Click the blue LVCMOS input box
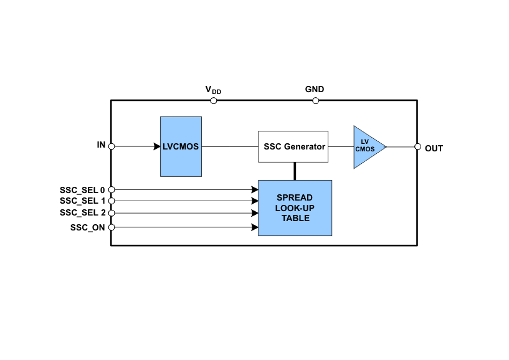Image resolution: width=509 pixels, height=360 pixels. [181, 146]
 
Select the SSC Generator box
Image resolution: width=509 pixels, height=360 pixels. [293, 147]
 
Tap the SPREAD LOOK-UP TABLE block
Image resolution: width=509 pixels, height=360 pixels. [295, 208]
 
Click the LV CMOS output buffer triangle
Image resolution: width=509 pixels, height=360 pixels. [367, 147]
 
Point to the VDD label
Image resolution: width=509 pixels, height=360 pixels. [213, 90]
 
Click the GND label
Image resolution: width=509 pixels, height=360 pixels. [315, 89]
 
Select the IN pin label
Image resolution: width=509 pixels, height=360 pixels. [101, 145]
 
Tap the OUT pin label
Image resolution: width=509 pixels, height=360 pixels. [434, 148]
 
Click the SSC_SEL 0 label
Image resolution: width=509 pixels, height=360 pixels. [82, 189]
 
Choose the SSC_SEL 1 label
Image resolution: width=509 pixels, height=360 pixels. [82, 201]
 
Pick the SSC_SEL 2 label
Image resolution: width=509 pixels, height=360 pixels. [82, 212]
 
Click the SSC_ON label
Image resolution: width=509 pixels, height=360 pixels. [88, 227]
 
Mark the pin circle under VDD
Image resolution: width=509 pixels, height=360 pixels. [214, 100]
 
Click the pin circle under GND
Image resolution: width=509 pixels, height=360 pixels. [315, 100]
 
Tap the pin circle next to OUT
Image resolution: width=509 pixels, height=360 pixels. [417, 147]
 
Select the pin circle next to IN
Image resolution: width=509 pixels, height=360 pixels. [112, 146]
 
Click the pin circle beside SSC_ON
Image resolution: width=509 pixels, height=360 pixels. [112, 227]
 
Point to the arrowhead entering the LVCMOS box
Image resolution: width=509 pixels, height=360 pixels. [156, 146]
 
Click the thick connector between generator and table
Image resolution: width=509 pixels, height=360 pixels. [295, 171]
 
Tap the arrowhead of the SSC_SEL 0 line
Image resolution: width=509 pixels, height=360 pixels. [255, 189]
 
